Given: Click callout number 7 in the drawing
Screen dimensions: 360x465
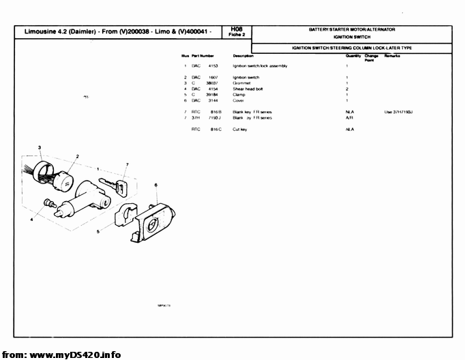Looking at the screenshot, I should pyautogui.click(x=127, y=164).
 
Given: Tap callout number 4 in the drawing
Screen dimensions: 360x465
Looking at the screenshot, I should pyautogui.click(x=31, y=220).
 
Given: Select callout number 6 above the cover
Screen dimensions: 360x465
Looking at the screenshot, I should pyautogui.click(x=156, y=185).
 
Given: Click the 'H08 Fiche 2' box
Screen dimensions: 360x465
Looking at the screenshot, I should pyautogui.click(x=237, y=31).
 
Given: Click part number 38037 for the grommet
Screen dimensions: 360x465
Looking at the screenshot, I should pyautogui.click(x=211, y=83).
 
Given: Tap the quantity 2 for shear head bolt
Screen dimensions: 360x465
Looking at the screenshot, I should pyautogui.click(x=347, y=89).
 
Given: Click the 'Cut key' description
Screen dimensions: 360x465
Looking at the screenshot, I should pyautogui.click(x=240, y=129).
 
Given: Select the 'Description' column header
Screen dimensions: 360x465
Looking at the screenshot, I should pyautogui.click(x=243, y=55).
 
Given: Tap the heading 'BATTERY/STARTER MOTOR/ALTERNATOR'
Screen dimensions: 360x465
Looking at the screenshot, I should pyautogui.click(x=352, y=30).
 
